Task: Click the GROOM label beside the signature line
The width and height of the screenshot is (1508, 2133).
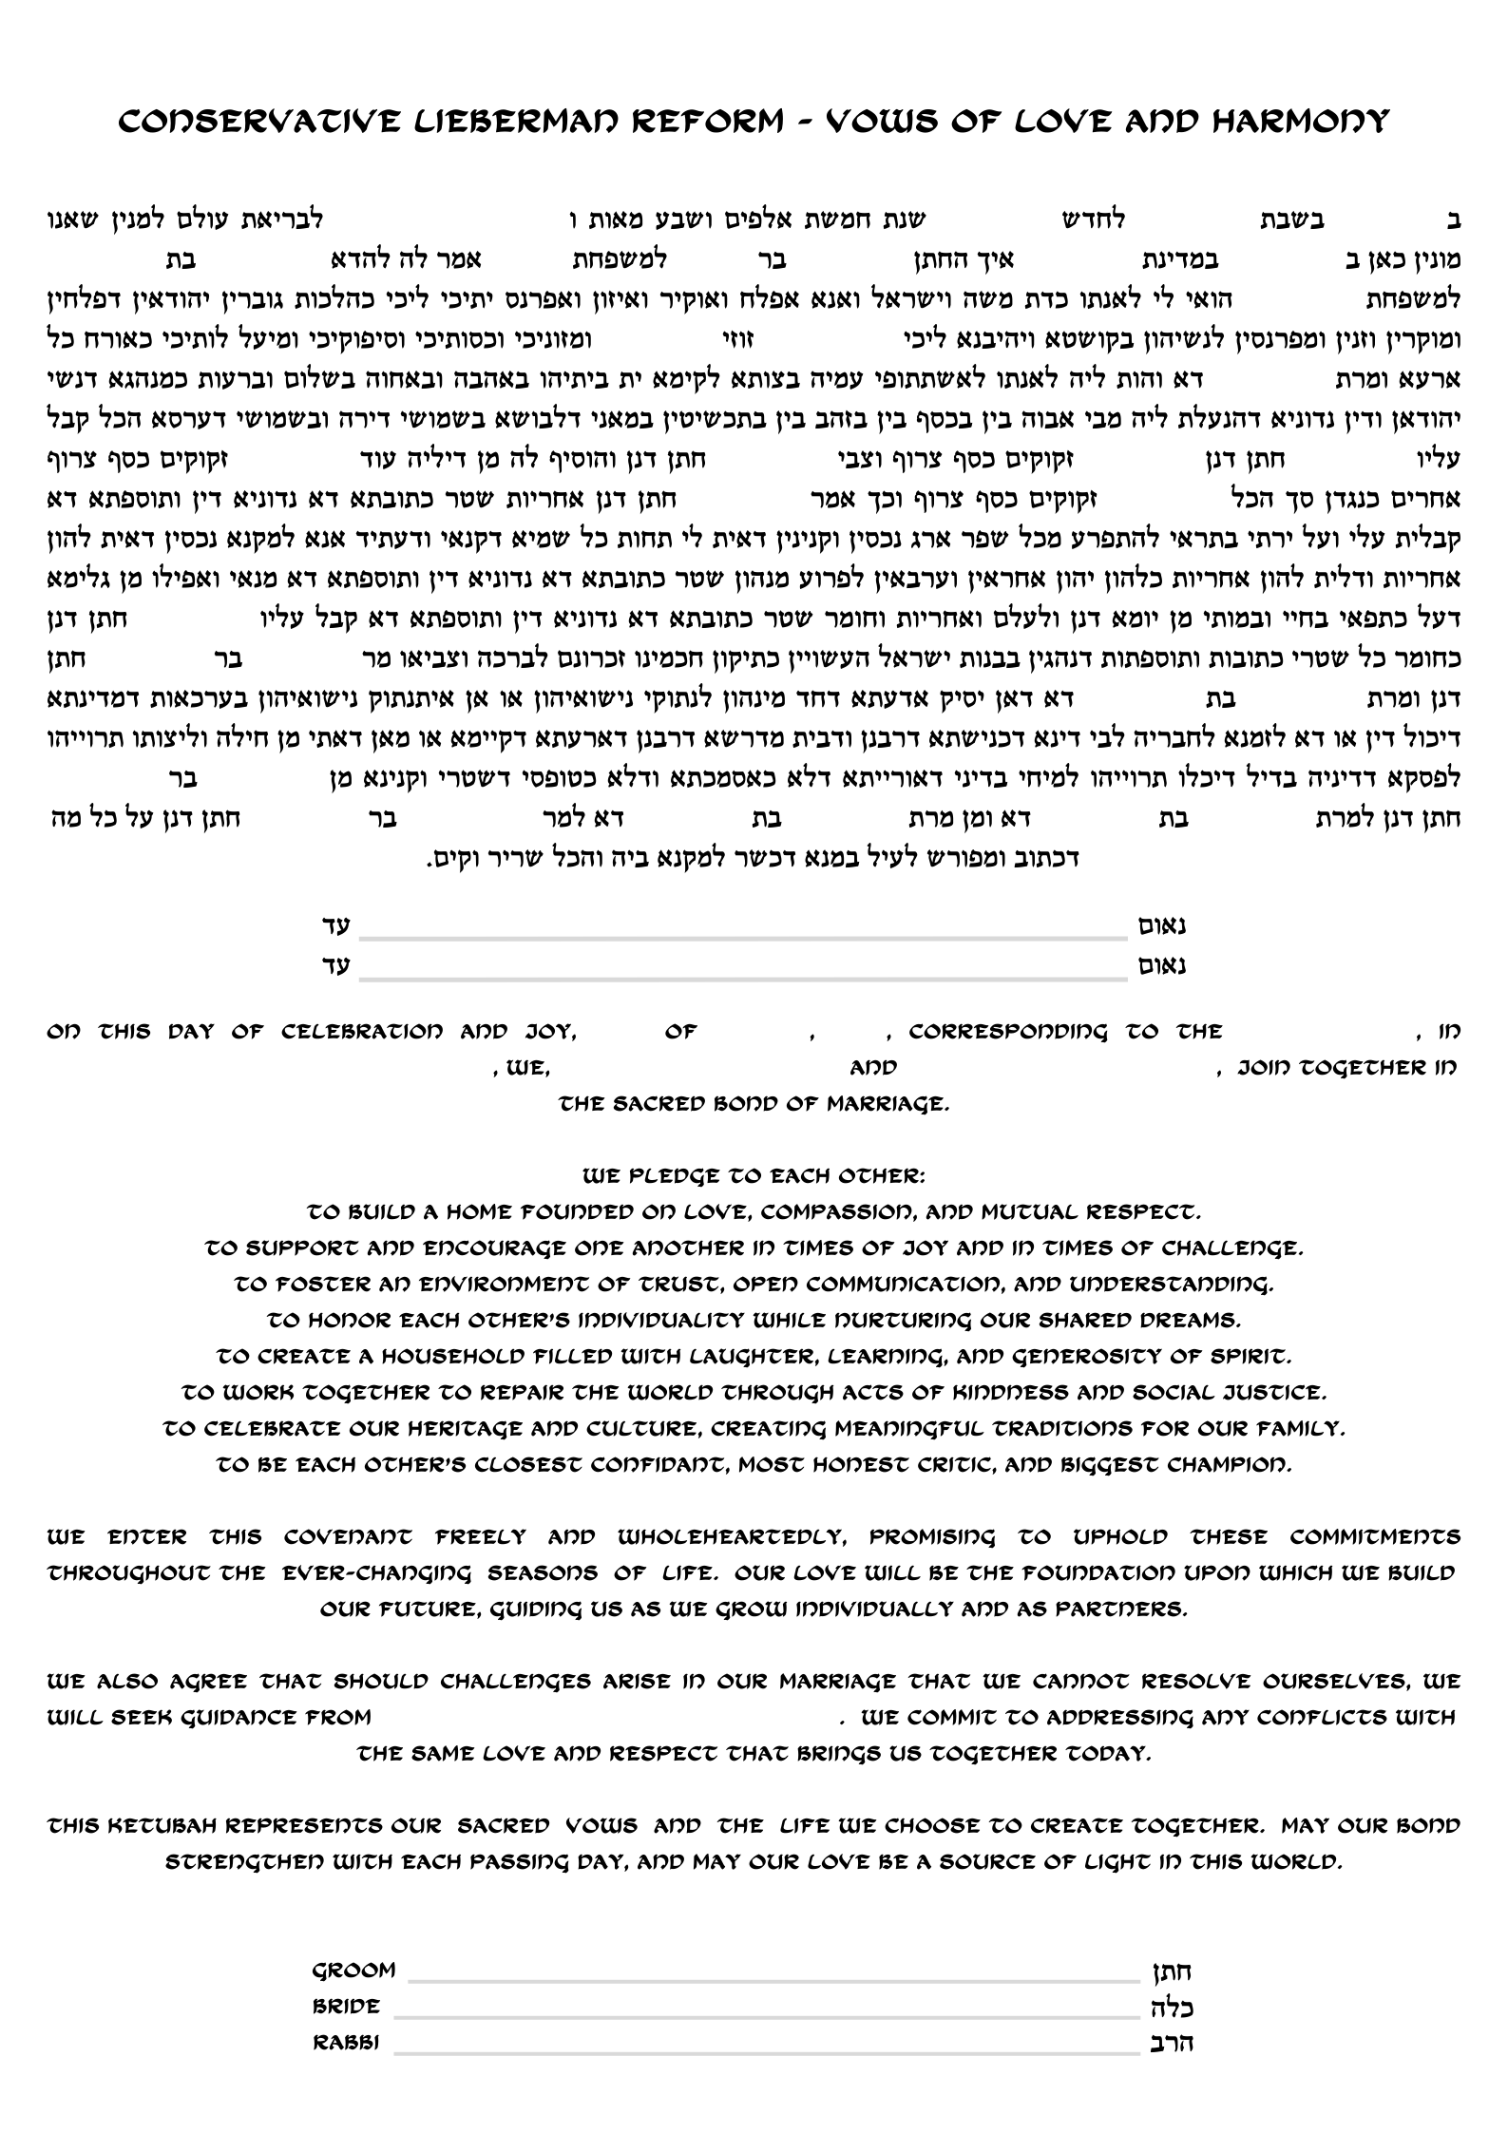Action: [353, 1971]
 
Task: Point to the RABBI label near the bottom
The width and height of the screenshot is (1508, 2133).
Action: [346, 2043]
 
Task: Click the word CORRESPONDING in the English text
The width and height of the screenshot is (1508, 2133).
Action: [1008, 1032]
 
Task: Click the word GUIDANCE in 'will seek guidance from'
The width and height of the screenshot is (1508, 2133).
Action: [225, 1718]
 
